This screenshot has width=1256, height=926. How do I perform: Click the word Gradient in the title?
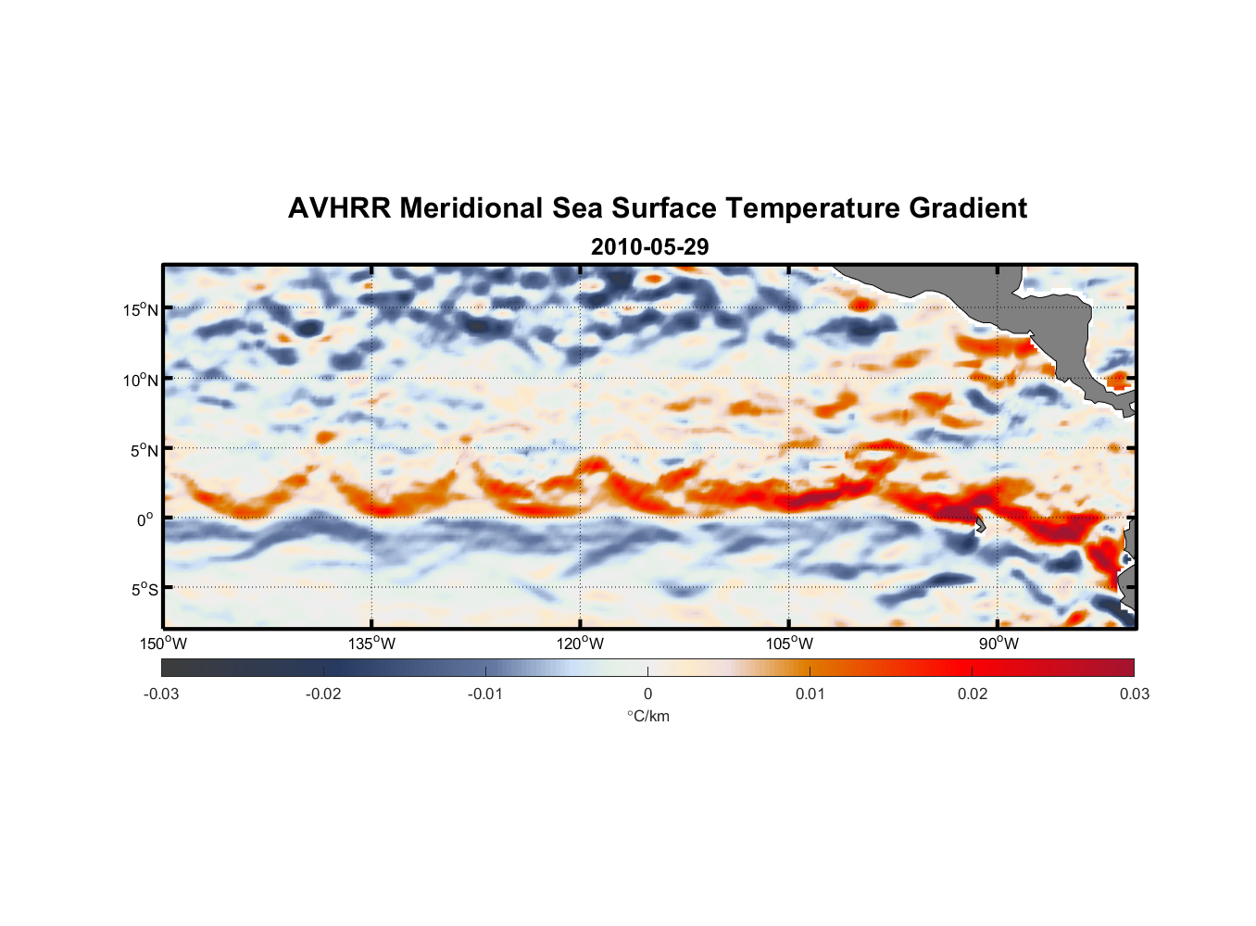967,208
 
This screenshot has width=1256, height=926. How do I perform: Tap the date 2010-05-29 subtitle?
649,247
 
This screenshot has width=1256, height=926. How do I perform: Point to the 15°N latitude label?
141,309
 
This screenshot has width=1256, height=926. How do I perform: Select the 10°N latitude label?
141,380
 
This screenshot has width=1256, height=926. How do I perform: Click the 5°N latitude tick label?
144,450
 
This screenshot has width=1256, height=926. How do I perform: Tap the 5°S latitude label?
144,590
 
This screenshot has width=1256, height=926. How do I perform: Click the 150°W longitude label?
163,644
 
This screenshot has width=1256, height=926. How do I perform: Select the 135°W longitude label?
372,644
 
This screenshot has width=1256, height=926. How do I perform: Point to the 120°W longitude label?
581,644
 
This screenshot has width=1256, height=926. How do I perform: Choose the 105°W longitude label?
789,644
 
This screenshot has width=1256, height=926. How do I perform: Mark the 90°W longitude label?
999,644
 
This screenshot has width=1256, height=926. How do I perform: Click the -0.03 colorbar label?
161,694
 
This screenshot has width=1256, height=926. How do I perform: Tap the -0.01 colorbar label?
485,694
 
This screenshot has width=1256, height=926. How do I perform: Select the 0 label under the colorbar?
647,694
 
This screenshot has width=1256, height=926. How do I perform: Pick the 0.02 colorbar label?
973,694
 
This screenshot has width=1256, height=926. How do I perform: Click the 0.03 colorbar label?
1134,694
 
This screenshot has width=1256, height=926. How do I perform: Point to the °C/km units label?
648,716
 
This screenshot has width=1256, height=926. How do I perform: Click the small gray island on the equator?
980,525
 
